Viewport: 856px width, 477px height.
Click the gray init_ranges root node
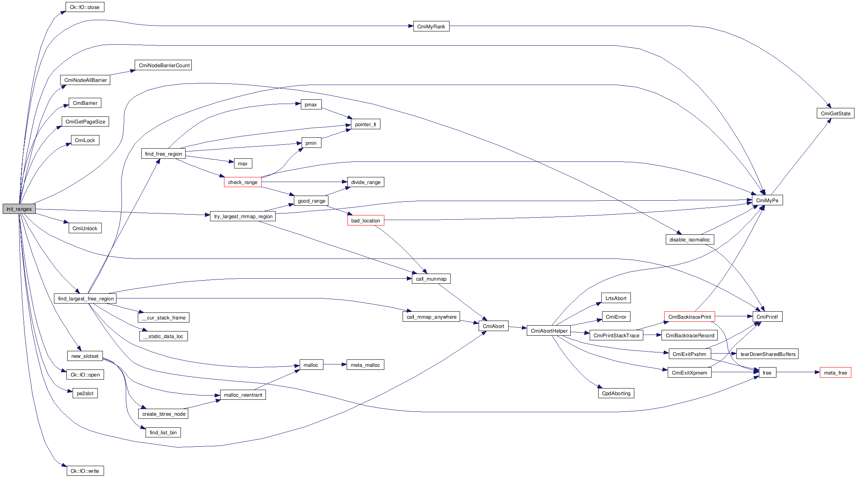pos(19,209)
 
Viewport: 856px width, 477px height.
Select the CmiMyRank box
pos(431,26)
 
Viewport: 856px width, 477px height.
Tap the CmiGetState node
pos(835,113)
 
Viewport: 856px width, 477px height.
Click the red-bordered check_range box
pos(243,182)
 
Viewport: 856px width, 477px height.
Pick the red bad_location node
pos(365,220)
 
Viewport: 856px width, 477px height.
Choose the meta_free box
pos(835,373)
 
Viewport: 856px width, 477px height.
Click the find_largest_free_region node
pos(85,298)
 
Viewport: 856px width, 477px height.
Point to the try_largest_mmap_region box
pos(243,216)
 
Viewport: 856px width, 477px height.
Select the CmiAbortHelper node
pos(549,331)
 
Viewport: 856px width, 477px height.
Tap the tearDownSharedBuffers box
pos(767,354)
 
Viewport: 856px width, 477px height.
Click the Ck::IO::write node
pos(85,471)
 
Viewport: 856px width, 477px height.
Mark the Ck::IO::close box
pos(85,7)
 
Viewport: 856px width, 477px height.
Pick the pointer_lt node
pos(365,124)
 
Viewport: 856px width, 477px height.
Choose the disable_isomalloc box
pos(689,239)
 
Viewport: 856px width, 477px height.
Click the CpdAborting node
pos(616,393)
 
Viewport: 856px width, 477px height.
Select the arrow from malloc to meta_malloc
pos(335,364)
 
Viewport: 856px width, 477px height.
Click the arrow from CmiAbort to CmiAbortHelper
pos(517,328)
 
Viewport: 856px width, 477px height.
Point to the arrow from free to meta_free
pos(798,372)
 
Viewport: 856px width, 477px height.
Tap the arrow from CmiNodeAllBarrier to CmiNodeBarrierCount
pos(122,73)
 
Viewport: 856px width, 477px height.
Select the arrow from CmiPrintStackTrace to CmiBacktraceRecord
pos(652,335)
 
